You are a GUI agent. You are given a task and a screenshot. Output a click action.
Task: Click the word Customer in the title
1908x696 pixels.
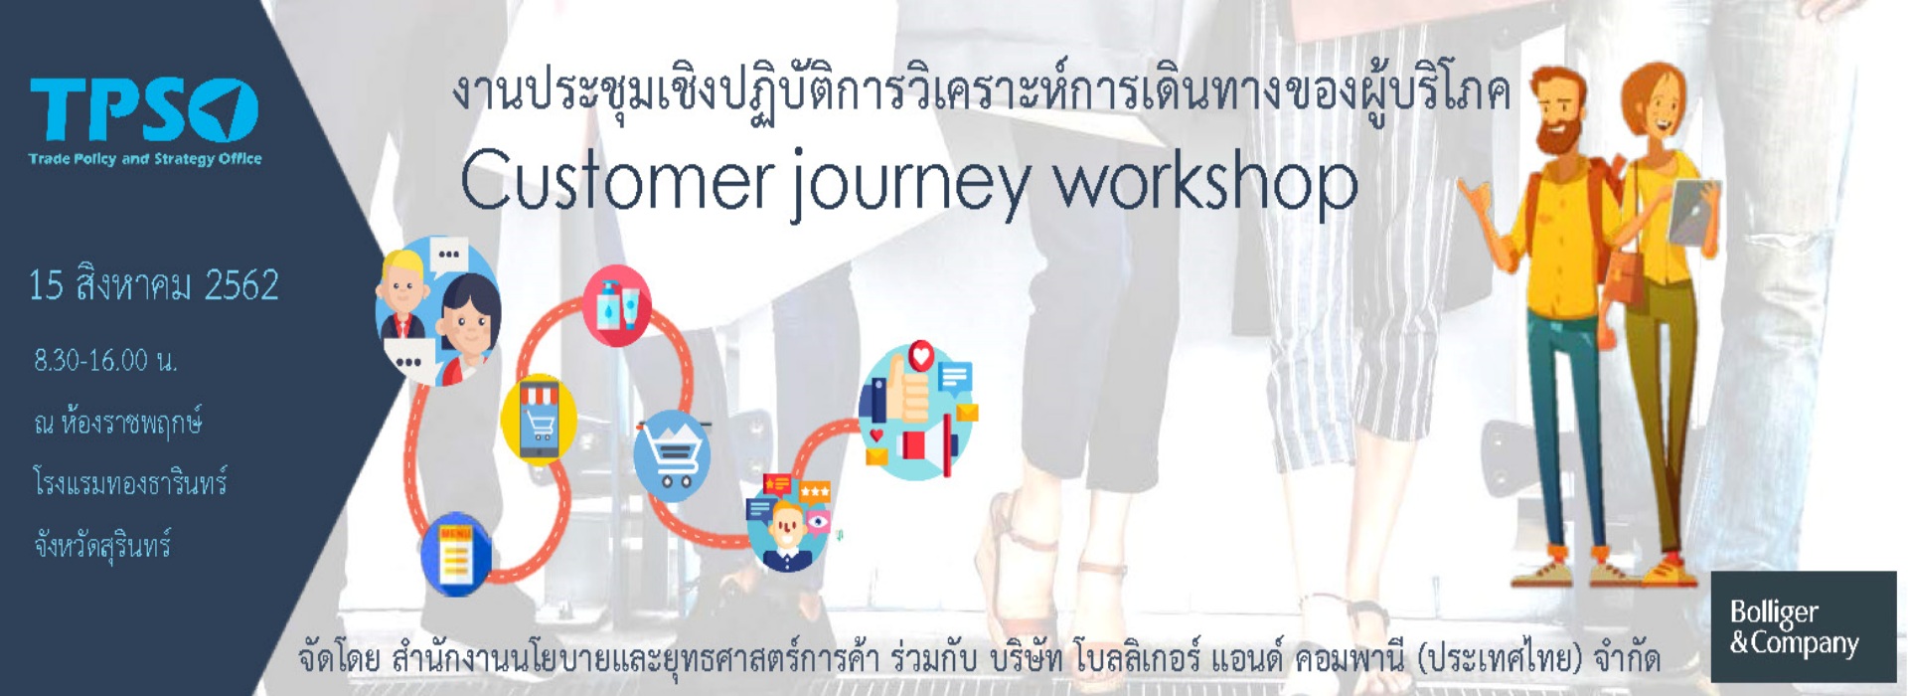coord(615,181)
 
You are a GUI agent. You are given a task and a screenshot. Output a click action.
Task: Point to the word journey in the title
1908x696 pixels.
coord(911,187)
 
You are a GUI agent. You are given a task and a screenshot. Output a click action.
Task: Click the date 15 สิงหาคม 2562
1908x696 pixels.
coord(154,285)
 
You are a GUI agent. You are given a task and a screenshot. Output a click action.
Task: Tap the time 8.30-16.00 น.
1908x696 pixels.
coord(105,360)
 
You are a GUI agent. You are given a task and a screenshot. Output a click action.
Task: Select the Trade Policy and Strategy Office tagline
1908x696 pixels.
coord(145,158)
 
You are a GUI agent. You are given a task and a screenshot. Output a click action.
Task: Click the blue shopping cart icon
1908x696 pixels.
coord(672,455)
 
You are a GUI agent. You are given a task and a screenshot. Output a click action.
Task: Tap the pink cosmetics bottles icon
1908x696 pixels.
coord(617,306)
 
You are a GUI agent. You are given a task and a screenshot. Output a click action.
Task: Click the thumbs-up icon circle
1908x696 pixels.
coord(916,411)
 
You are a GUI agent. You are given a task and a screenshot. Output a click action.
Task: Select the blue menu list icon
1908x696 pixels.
coord(456,554)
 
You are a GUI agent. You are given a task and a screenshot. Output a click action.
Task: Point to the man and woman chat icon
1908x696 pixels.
coord(437,310)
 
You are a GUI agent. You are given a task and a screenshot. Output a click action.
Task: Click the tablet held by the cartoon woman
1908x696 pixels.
coord(1693,211)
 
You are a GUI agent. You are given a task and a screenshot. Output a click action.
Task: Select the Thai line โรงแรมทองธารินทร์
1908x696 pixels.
coord(130,484)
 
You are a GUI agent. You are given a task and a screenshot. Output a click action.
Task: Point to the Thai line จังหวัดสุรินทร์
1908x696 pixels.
coord(102,546)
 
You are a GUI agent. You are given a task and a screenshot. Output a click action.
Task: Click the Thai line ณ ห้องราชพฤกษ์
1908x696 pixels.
coord(118,423)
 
